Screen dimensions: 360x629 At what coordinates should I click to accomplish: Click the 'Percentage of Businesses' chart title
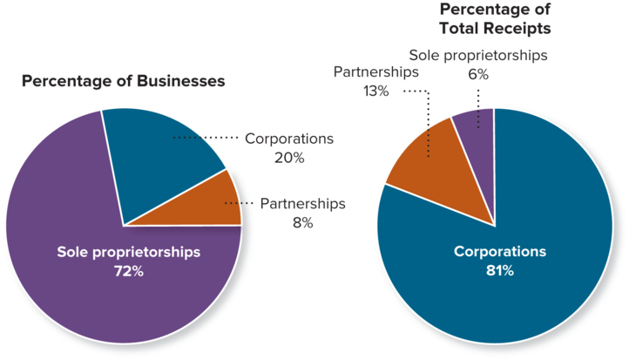123,81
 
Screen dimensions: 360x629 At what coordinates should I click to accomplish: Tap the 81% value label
499,271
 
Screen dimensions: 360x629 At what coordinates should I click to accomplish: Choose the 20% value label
288,158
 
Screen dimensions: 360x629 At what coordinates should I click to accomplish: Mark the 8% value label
302,222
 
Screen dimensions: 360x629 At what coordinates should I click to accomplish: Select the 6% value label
478,74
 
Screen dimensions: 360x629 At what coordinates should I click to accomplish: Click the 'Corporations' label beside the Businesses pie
288,139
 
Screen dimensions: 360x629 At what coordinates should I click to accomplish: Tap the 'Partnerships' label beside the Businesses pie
302,203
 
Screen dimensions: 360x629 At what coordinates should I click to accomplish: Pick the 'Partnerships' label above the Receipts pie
375,71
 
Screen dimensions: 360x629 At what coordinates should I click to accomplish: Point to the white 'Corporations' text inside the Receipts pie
499,252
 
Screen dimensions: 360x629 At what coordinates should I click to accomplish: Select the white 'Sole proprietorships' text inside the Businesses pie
128,252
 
